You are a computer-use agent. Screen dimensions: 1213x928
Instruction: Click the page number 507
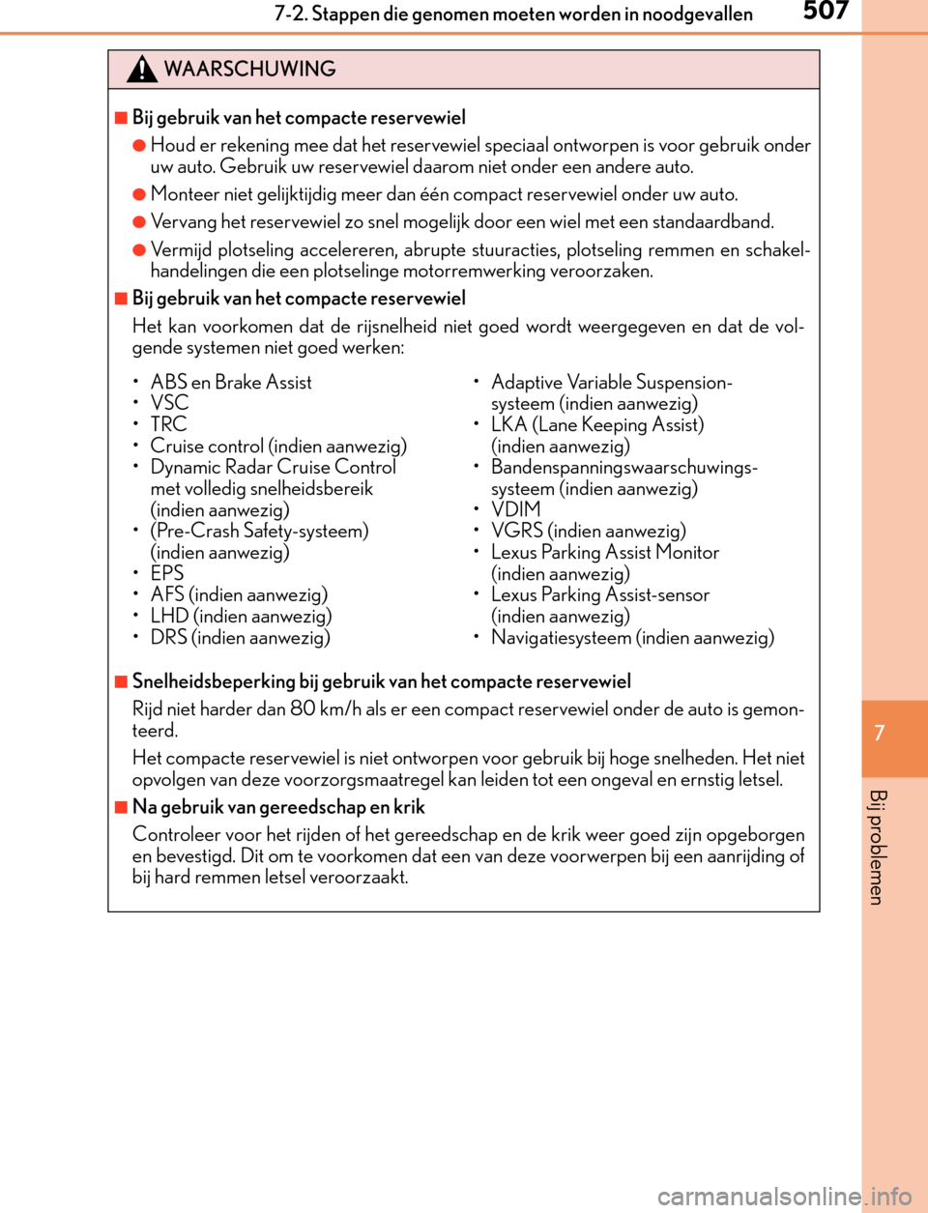tap(826, 12)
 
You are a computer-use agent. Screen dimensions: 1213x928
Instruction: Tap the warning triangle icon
tap(141, 70)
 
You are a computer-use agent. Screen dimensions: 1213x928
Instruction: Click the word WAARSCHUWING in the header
tap(249, 70)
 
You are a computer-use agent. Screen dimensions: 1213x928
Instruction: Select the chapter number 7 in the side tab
tap(880, 733)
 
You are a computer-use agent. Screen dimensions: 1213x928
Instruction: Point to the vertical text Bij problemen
tap(877, 847)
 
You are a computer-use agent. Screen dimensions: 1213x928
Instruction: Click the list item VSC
tap(169, 403)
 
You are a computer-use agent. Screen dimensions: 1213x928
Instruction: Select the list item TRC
tap(168, 424)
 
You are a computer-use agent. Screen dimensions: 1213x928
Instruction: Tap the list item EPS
tap(166, 573)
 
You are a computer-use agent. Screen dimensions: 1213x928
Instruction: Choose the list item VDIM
tap(515, 509)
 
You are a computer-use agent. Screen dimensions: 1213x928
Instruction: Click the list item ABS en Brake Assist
tap(231, 382)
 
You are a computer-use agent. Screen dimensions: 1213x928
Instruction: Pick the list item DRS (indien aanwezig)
tap(240, 637)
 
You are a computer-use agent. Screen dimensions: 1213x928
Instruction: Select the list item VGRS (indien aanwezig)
tap(588, 531)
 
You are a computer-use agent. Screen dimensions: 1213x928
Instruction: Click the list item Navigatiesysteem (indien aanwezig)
tap(632, 637)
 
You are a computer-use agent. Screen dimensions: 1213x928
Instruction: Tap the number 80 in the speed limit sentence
tap(303, 708)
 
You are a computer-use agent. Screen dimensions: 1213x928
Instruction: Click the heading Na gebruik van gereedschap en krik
tap(278, 807)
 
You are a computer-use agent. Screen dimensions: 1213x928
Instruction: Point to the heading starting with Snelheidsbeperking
tap(381, 681)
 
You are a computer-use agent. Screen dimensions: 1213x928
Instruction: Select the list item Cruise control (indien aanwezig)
tap(278, 446)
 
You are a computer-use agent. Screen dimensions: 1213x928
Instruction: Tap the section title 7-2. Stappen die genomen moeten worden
tap(512, 14)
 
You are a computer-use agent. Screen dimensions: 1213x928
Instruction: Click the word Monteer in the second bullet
tap(185, 194)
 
